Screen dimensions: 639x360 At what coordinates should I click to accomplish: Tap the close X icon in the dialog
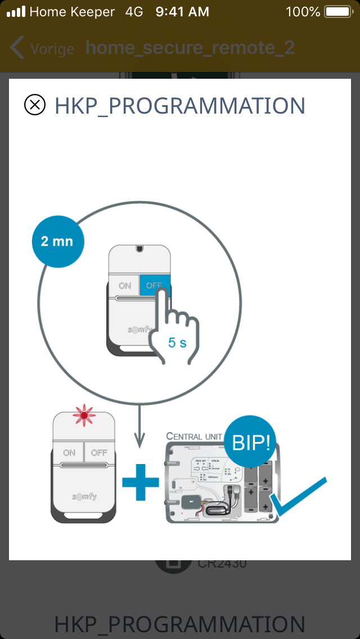[x=35, y=105]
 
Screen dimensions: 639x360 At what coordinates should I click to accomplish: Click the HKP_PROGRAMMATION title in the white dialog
[x=180, y=106]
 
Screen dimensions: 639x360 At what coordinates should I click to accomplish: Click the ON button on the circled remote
[x=125, y=286]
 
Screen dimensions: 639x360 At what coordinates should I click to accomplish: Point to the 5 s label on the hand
[x=177, y=342]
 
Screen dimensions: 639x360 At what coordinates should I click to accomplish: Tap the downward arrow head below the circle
[x=139, y=439]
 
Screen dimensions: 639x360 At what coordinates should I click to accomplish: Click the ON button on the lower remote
[x=69, y=452]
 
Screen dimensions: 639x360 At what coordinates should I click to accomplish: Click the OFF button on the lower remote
[x=99, y=452]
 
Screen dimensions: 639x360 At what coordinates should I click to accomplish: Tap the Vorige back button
[x=42, y=48]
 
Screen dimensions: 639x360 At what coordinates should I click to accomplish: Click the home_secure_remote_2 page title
[x=190, y=48]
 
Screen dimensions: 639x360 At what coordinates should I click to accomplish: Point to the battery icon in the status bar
[x=337, y=11]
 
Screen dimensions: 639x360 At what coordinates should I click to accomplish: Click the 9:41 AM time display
[x=182, y=11]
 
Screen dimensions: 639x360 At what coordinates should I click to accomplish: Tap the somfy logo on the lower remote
[x=84, y=497]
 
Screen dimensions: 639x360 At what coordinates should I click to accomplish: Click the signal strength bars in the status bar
[x=16, y=11]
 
